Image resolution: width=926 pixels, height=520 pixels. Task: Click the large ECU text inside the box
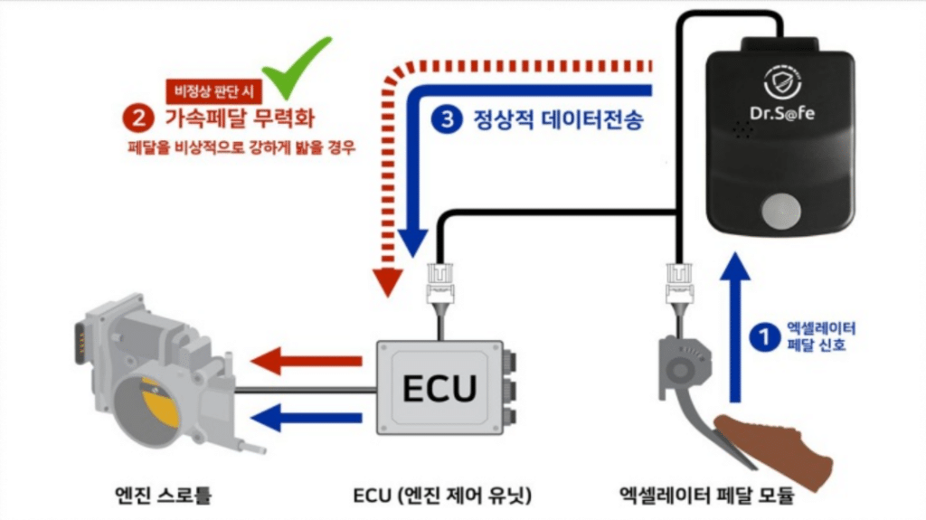(439, 388)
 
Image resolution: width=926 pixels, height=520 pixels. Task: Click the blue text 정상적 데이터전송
(558, 119)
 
